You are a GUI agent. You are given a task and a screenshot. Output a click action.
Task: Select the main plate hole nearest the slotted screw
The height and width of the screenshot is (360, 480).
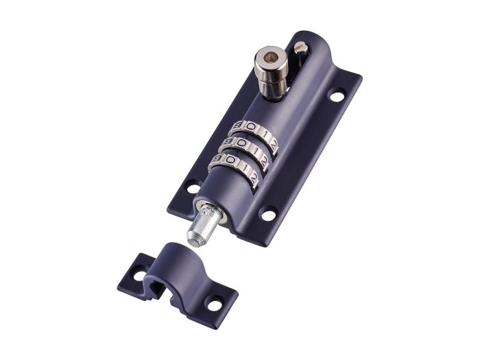pyautogui.click(x=337, y=96)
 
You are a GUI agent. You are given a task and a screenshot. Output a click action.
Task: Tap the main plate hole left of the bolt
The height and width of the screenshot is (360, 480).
pyautogui.click(x=193, y=186)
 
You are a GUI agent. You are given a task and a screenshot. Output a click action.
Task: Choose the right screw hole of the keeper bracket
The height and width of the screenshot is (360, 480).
pyautogui.click(x=215, y=301)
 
